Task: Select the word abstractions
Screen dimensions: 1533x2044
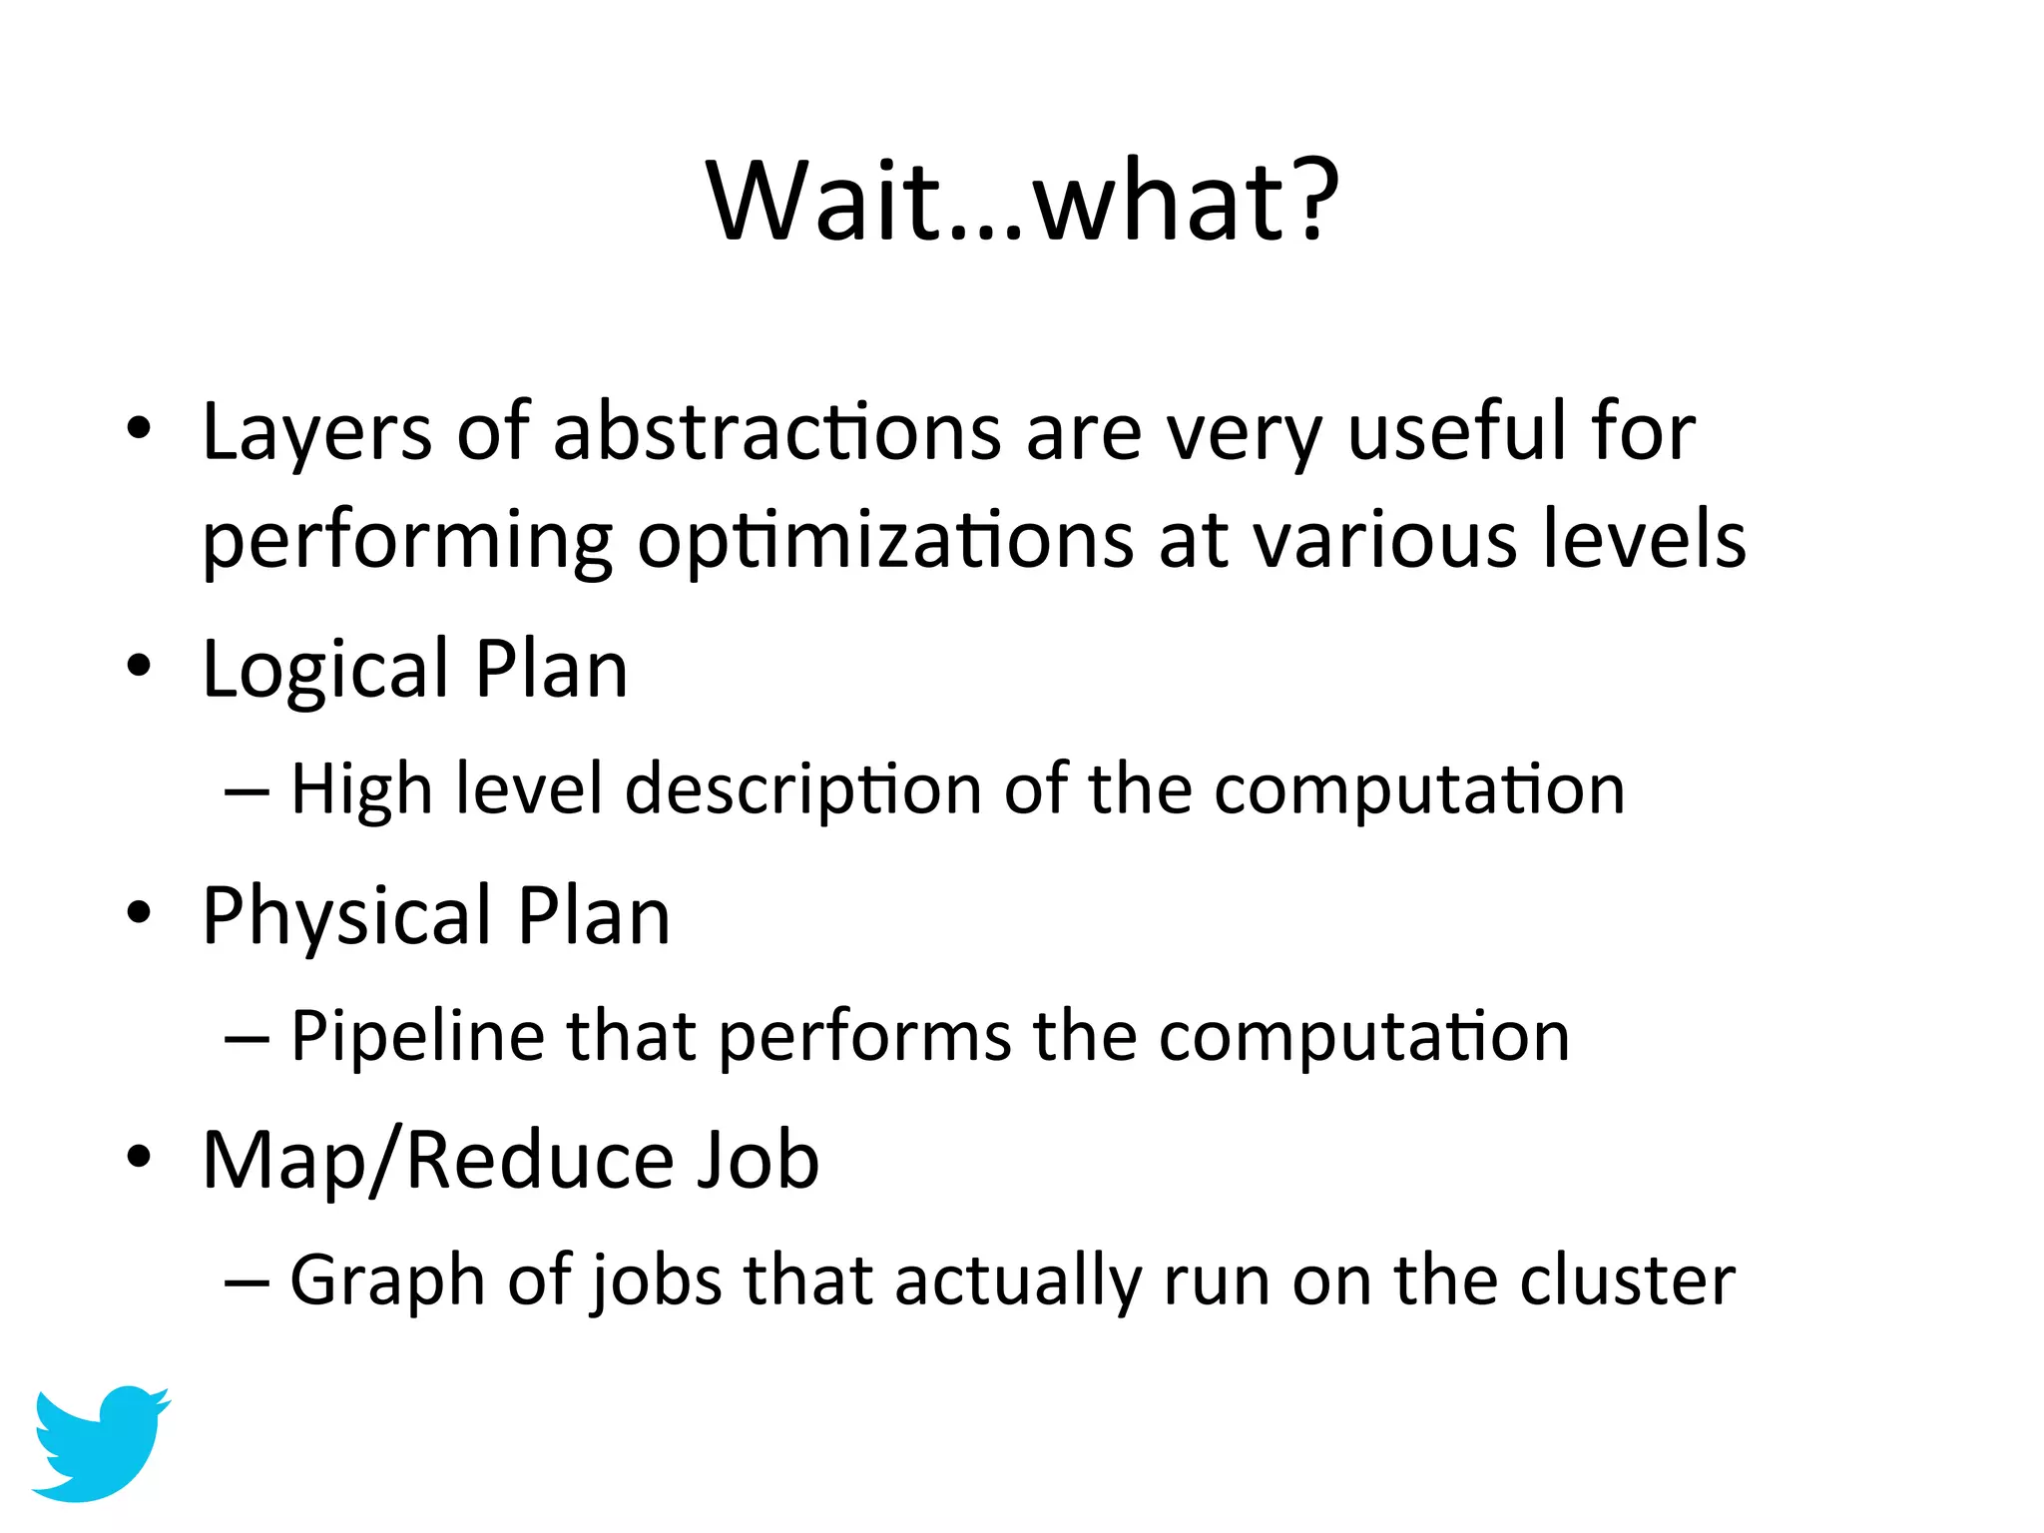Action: pyautogui.click(x=776, y=431)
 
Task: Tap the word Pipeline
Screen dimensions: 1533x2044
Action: pyautogui.click(x=417, y=1036)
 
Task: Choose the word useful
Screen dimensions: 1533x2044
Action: pyautogui.click(x=1457, y=431)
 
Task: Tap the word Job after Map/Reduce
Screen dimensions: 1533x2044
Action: pyautogui.click(x=758, y=1160)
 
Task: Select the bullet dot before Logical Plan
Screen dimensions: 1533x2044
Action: pyautogui.click(x=140, y=667)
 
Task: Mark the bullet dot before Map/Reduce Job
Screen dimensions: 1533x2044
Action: pyautogui.click(x=140, y=1158)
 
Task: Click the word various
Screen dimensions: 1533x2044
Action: pyautogui.click(x=1384, y=540)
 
